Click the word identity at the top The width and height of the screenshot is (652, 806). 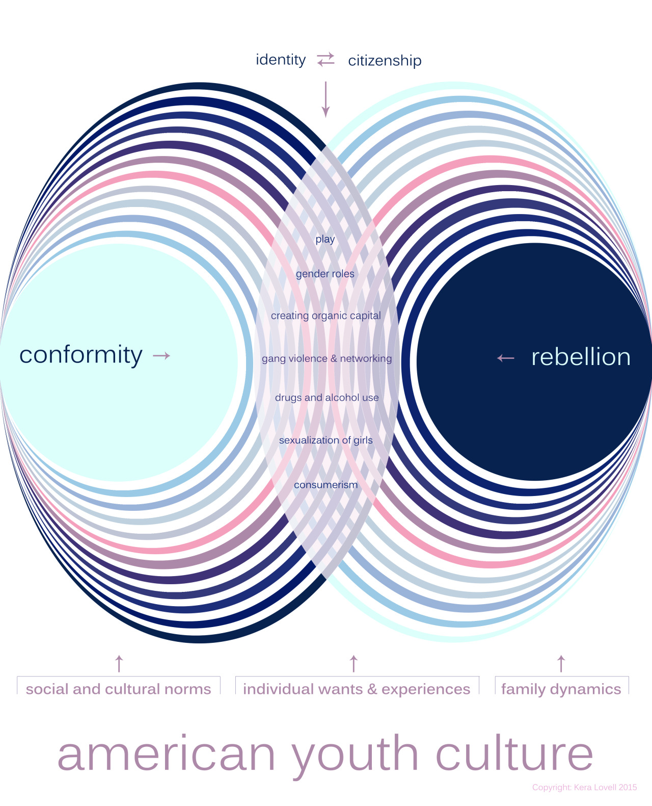pos(281,60)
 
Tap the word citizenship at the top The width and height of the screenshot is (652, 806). pos(385,61)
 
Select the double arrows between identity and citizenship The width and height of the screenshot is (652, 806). pos(326,60)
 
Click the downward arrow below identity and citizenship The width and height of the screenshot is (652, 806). pos(325,99)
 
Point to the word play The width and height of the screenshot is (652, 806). pos(325,239)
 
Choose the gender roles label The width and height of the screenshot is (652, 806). pos(325,274)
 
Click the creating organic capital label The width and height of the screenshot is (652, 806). pos(325,316)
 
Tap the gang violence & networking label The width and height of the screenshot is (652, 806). pos(327,358)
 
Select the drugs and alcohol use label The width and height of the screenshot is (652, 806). pos(327,398)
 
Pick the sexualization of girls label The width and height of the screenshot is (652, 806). pos(325,440)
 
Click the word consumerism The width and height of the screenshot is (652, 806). pos(325,485)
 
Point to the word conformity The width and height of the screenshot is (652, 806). pos(80,355)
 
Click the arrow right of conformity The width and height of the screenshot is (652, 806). pos(161,356)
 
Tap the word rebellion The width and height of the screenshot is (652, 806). pos(581,357)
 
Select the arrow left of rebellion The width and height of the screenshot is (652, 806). pos(506,358)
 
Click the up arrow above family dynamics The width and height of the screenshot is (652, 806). pos(561,664)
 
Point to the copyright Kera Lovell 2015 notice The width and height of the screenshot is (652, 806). pos(584,787)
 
